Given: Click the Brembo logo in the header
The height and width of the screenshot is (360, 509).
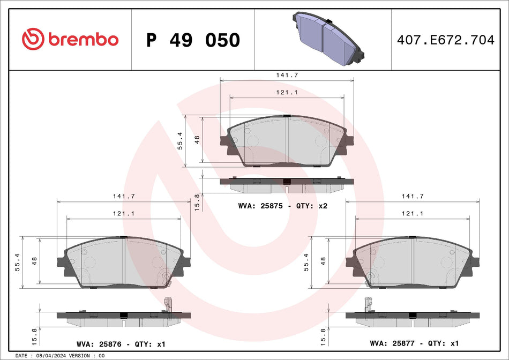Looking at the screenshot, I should click(x=70, y=39).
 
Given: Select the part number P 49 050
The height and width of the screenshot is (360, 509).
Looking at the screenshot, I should click(x=193, y=40).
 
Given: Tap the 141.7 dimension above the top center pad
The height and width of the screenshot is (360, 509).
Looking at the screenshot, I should click(x=287, y=76).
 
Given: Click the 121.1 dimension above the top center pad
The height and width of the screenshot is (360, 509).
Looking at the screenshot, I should click(x=287, y=92).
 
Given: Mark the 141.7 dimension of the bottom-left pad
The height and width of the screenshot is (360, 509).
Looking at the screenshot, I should click(x=123, y=197).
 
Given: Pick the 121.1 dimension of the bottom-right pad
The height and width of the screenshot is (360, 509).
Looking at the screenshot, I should click(x=412, y=213).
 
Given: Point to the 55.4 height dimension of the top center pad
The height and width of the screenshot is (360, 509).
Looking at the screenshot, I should click(x=181, y=141).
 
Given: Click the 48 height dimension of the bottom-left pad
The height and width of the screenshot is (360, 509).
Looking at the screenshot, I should click(x=34, y=261).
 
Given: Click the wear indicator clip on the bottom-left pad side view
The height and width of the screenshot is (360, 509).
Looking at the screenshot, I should click(x=168, y=304).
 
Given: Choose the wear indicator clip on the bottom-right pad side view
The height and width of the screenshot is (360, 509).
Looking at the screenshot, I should click(x=369, y=304).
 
